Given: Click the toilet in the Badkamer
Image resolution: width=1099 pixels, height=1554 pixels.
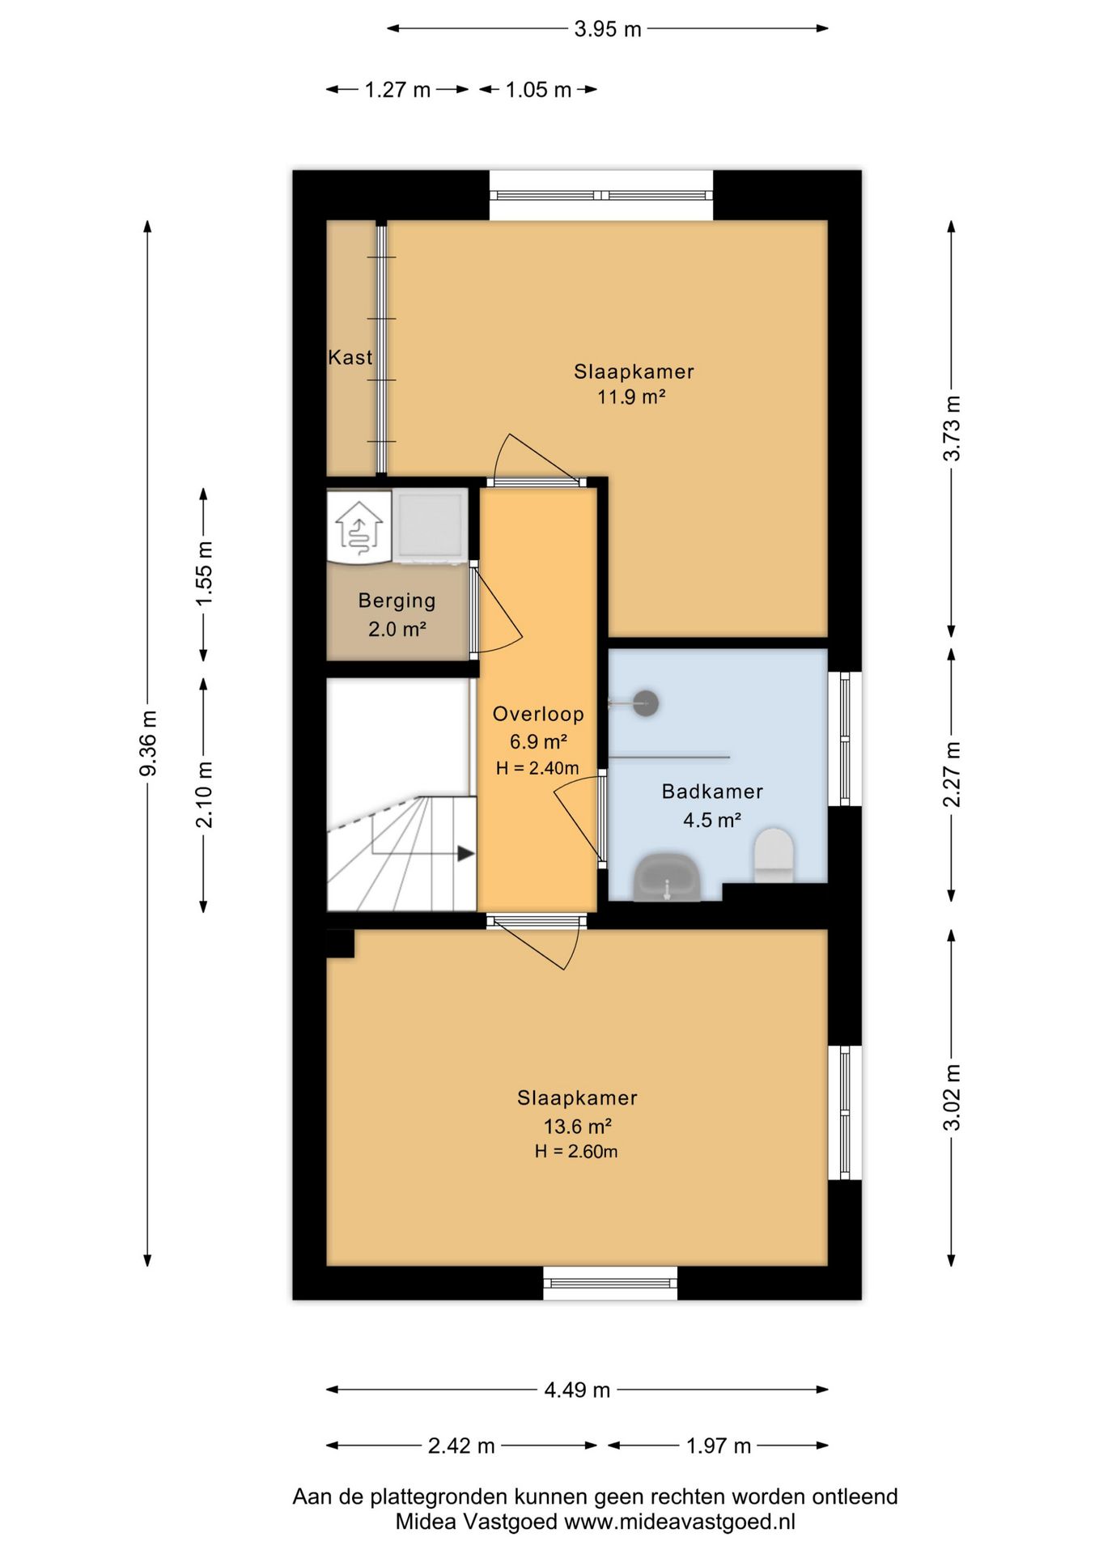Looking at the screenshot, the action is [774, 855].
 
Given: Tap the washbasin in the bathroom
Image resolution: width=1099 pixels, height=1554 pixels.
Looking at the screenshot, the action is [667, 877].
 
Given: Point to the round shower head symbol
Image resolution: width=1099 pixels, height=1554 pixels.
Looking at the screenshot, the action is [645, 703].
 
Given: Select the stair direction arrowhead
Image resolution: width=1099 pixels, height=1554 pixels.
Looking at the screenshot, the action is [466, 853].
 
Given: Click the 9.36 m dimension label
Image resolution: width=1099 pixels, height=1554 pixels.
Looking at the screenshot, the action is [148, 742].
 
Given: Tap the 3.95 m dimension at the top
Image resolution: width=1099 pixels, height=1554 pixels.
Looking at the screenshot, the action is [608, 29].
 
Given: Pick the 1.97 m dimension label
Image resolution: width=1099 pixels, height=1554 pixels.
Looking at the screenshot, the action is [719, 1446].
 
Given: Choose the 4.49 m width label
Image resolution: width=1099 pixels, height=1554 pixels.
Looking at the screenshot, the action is [577, 1391].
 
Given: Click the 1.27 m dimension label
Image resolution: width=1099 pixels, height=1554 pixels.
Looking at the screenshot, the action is [397, 90].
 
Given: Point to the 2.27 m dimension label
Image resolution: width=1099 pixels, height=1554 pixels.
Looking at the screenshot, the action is [953, 774].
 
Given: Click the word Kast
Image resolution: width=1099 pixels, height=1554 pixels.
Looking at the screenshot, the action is [350, 357].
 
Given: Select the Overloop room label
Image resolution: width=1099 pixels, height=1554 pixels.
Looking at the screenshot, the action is [538, 714].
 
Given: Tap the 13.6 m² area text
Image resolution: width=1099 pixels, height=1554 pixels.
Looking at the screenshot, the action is [577, 1126].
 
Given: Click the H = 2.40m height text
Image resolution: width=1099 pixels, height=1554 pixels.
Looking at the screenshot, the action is [537, 768].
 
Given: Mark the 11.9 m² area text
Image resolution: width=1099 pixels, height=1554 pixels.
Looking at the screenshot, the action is [631, 397].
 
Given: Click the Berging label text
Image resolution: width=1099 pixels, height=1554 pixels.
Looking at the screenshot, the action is [397, 601].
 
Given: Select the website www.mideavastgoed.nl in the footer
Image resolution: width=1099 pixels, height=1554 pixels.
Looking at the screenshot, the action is [680, 1522].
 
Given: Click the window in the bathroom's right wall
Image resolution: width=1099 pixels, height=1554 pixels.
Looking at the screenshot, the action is [845, 738].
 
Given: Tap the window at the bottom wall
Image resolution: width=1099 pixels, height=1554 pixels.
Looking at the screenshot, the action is [610, 1283].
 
